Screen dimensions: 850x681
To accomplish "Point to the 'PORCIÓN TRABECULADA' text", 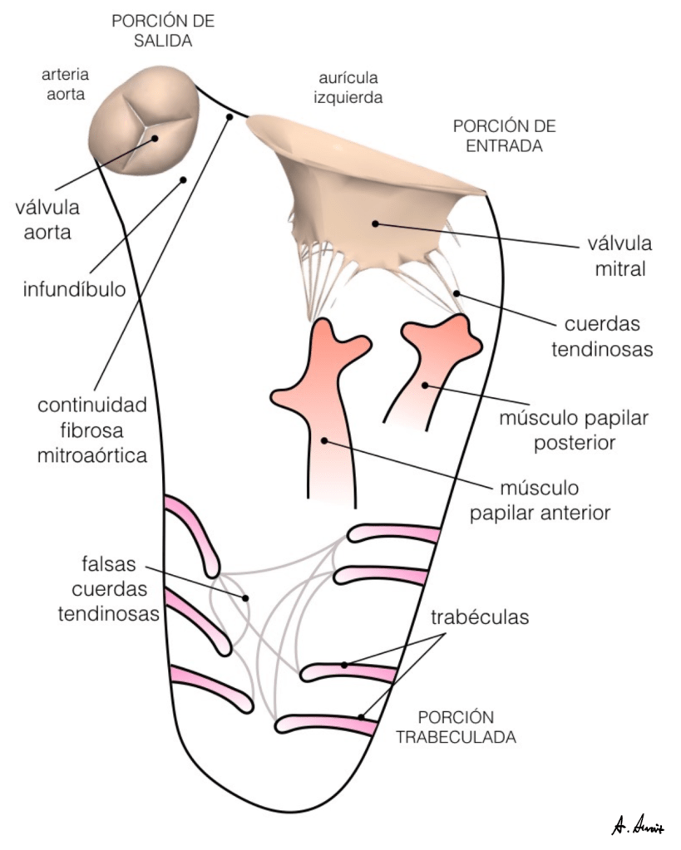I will pyautogui.click(x=456, y=726).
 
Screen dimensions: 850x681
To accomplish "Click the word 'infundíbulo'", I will pyautogui.click(x=74, y=289).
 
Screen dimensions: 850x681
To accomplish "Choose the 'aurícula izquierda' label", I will pyautogui.click(x=348, y=88).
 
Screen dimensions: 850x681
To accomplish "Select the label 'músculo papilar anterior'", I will pyautogui.click(x=540, y=500).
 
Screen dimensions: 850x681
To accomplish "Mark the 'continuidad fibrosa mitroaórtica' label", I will pyautogui.click(x=91, y=430).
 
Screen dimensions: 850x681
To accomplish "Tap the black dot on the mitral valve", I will pyautogui.click(x=376, y=223).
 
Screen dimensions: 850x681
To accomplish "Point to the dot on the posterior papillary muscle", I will pyautogui.click(x=425, y=385).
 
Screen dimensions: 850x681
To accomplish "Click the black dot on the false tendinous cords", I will pyautogui.click(x=246, y=597).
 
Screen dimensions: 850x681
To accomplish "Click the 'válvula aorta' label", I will pyautogui.click(x=47, y=220).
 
